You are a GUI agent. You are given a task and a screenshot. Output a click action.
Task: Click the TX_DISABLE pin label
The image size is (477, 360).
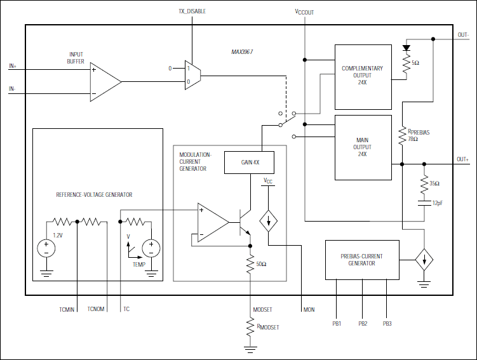coord(192,11)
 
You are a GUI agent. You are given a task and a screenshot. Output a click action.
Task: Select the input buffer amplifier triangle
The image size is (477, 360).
coord(105,82)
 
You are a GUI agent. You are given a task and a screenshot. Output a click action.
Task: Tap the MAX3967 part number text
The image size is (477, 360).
coord(242,51)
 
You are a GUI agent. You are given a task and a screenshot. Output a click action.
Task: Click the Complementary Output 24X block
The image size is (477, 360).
coord(363,77)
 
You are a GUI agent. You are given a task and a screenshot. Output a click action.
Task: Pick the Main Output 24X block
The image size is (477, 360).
coord(363,147)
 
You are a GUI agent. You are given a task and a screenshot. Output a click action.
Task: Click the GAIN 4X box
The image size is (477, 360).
coord(249,163)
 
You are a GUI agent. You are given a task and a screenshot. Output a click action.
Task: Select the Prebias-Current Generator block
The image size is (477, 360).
coord(362,260)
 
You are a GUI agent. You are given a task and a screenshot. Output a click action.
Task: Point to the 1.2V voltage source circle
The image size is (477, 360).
coord(46,248)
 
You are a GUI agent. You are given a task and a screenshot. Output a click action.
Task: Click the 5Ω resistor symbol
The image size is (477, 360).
coord(406,63)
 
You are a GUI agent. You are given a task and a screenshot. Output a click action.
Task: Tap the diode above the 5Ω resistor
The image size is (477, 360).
coord(406,48)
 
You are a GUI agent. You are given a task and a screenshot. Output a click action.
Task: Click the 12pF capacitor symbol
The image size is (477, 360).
coord(424,203)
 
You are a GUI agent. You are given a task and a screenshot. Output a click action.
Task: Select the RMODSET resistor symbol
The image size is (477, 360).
coord(250,327)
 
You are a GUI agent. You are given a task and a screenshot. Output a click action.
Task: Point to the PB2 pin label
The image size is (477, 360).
coord(363,324)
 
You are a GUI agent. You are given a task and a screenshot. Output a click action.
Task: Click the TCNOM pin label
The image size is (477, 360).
coord(96,309)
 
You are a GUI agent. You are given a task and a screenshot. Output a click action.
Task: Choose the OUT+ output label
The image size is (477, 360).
coord(462,159)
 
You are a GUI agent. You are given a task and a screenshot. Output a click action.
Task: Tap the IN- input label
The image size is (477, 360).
coord(12,89)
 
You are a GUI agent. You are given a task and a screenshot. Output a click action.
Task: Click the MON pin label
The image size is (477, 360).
coord(309,310)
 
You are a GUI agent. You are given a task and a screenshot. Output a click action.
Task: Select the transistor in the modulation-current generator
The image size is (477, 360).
coord(245,222)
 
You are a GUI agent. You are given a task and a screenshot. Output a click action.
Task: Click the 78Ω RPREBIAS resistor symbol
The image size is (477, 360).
coord(402,136)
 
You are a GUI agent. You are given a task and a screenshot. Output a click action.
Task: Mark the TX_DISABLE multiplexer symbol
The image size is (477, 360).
coord(192,75)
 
